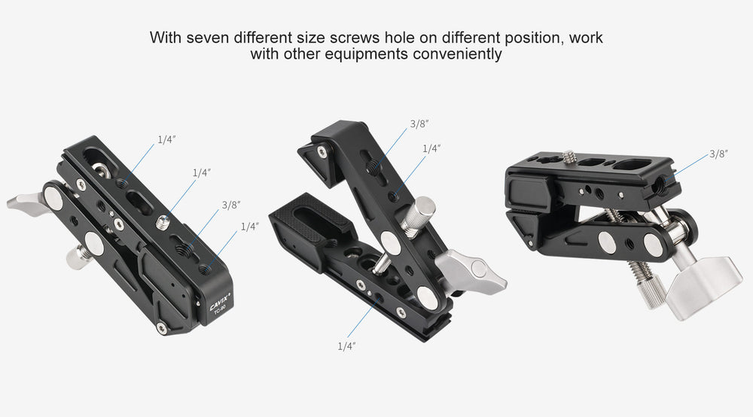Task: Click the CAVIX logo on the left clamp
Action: pos(220,302)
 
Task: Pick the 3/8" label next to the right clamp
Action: pos(719,154)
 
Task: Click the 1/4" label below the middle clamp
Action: pos(346,345)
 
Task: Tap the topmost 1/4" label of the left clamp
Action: pos(167,139)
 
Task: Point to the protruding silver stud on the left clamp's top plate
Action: pos(162,222)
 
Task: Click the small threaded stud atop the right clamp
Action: pos(570,157)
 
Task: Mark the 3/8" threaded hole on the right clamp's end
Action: pos(663,181)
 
